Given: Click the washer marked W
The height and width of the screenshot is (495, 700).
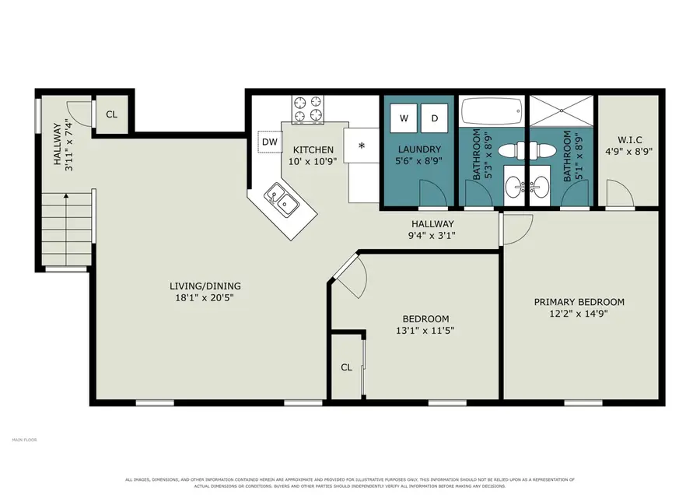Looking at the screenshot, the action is point(404,118).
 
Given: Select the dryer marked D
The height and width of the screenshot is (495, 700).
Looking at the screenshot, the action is point(434,118).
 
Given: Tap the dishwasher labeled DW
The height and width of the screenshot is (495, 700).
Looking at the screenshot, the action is point(270,142).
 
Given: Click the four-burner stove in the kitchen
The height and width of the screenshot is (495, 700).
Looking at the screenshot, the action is point(308,110).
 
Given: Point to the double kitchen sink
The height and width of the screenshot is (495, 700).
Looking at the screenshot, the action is point(282,201).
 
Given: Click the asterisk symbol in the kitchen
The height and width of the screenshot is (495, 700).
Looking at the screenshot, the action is point(362,146).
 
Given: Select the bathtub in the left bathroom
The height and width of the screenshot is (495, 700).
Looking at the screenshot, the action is point(492,112).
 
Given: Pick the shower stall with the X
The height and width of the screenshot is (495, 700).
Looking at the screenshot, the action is point(562,111).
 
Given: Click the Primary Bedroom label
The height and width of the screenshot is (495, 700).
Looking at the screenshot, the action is point(579,302).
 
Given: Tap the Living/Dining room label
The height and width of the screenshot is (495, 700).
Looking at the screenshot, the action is point(205,286).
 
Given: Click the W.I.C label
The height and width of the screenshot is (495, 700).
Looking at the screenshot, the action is point(629,140).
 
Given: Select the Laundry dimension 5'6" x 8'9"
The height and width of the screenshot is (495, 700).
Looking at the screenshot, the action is point(418,161).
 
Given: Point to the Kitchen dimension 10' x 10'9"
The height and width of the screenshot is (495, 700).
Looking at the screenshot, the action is point(313,161).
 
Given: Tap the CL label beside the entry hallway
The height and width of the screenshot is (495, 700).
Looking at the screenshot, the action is point(111,114).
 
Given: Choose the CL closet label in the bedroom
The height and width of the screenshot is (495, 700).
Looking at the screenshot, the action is point(346,367).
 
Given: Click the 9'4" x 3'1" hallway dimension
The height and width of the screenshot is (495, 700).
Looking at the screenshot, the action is point(432,236).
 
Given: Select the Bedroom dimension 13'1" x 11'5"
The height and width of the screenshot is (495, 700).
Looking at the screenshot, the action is point(425,331).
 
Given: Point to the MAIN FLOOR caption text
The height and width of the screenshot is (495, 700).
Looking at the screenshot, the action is point(25,440).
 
